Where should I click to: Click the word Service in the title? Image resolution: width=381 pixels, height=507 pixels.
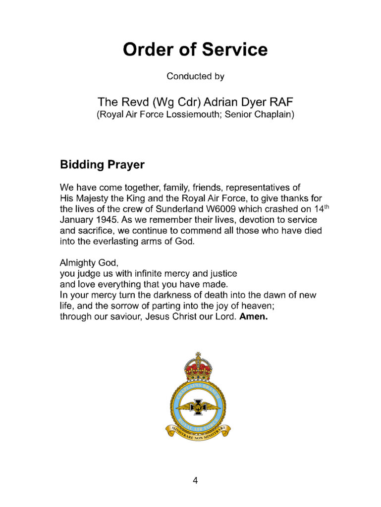[x=232, y=50]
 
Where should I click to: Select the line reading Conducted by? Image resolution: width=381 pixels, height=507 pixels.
[x=195, y=76]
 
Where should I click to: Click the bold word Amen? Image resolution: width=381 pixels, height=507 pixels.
[x=253, y=317]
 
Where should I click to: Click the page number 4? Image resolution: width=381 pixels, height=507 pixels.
[x=195, y=480]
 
